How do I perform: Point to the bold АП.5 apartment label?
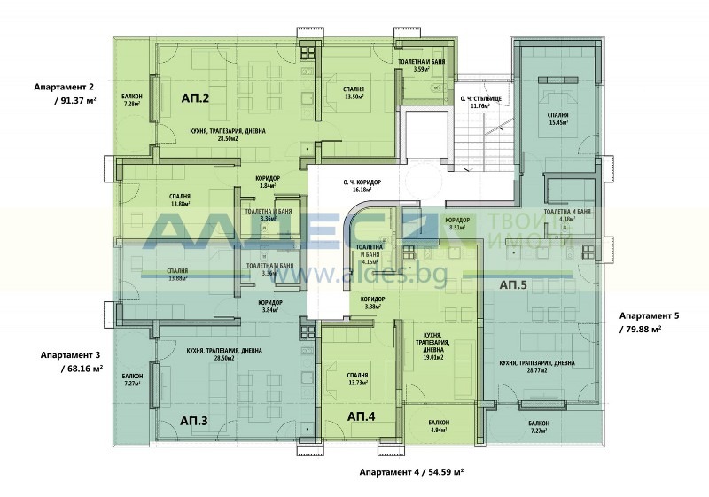pos(513,285)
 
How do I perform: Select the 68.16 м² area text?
pos(81,368)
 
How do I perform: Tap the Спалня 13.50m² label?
pos(342,93)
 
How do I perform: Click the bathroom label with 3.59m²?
pos(426,64)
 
